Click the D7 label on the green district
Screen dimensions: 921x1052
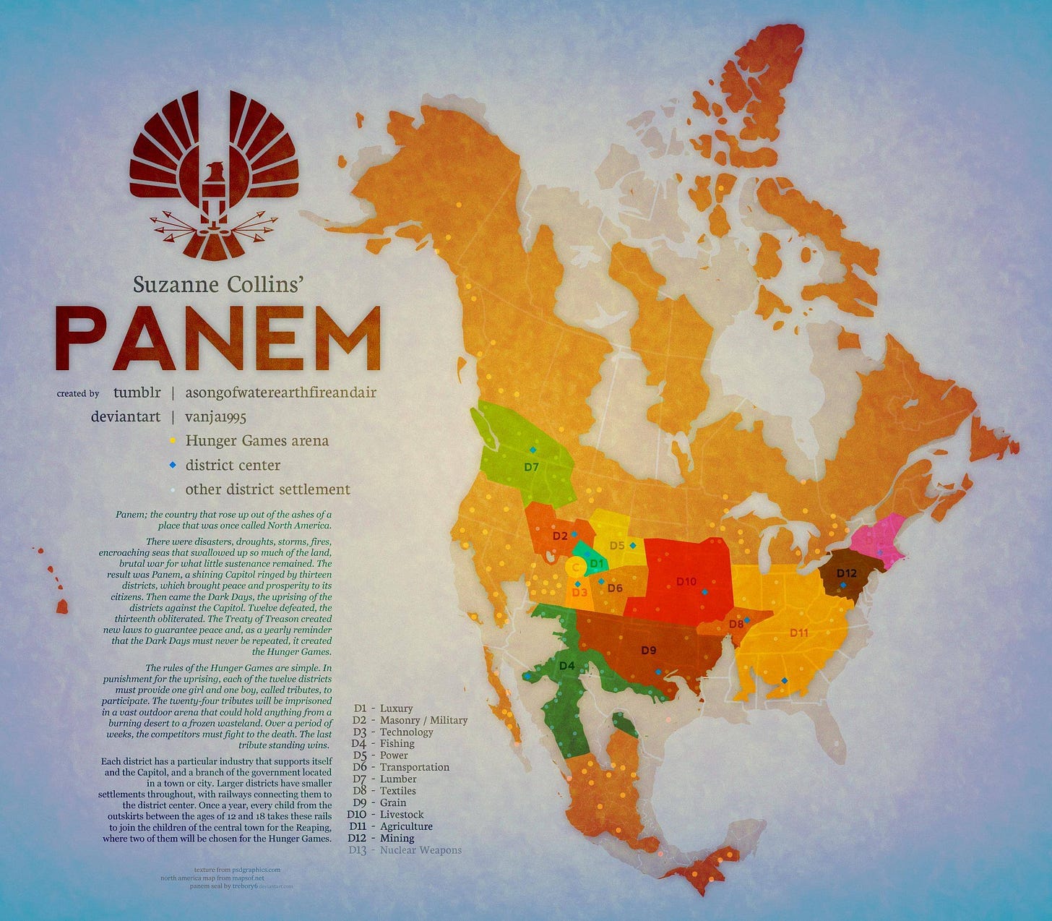(531, 467)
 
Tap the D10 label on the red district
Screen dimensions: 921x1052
(686, 581)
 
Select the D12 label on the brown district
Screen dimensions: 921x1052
(846, 573)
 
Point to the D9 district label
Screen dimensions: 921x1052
(649, 650)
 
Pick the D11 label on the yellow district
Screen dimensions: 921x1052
(798, 633)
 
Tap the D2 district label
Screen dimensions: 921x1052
(559, 536)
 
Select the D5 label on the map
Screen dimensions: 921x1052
(616, 546)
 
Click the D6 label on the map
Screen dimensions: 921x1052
(615, 588)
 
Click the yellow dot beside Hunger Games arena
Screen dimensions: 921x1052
(173, 440)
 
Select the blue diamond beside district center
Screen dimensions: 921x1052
(173, 465)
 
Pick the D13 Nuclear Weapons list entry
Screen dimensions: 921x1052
(405, 850)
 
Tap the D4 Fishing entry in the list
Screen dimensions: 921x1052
(383, 743)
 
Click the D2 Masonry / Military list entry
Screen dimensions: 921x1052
(410, 720)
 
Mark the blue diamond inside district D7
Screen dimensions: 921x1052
(533, 450)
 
